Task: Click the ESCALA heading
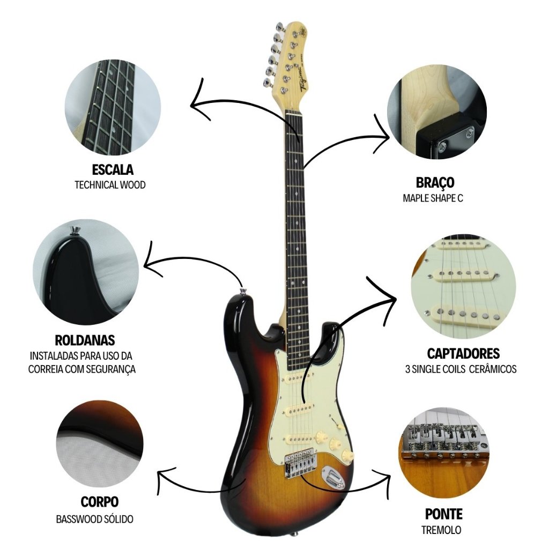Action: (x=113, y=170)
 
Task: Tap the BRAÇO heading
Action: (x=435, y=182)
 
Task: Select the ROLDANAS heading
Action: (x=85, y=340)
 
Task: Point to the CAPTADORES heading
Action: (x=463, y=353)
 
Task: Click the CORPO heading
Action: (x=100, y=502)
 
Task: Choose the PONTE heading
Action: (x=443, y=514)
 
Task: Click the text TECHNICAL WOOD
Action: (x=110, y=185)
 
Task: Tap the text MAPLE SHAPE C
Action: (x=433, y=198)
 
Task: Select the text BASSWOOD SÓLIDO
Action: (x=95, y=519)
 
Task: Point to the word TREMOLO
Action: (x=441, y=530)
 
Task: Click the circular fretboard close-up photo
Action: (x=113, y=107)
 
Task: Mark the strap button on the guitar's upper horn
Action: (x=243, y=292)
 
